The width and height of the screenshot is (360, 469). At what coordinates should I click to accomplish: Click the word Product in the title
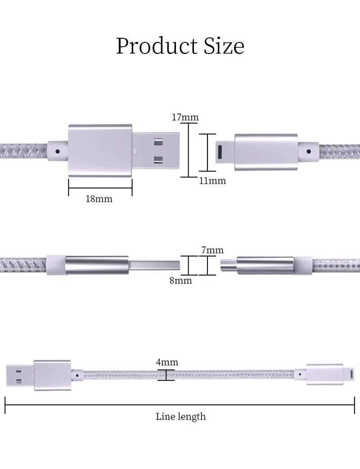pos(157,46)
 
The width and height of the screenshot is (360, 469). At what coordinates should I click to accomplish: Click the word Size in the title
pos(224,46)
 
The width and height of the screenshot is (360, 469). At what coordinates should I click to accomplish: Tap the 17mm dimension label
pos(185,117)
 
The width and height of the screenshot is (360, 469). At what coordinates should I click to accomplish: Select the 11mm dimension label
pos(212,180)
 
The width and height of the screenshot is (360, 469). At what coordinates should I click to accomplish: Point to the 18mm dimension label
pos(99,199)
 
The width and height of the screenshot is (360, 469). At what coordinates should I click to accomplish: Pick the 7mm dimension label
pos(212,250)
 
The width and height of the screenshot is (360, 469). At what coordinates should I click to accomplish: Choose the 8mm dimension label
pos(180,280)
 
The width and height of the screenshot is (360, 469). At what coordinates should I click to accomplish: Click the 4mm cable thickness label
pos(167,362)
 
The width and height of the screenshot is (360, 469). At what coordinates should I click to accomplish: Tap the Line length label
pos(180,417)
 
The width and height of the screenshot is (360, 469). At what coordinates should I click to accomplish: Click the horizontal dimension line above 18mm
pos(100,188)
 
